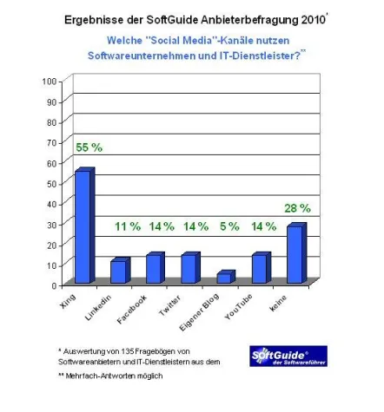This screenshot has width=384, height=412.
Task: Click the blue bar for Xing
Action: [x=83, y=226]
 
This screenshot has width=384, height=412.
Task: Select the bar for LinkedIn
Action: [x=118, y=271]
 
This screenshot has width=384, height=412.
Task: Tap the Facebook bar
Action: [x=153, y=269]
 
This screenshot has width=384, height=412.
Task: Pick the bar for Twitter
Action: [x=189, y=269]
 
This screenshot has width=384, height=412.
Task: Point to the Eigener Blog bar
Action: [x=224, y=278]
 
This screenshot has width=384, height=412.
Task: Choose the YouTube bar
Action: [x=259, y=269]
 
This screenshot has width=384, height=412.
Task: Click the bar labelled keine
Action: [x=295, y=254]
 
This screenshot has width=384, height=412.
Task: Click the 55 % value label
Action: [x=88, y=147]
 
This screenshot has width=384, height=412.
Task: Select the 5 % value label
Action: [x=230, y=226]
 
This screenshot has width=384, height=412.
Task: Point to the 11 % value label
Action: [x=128, y=226]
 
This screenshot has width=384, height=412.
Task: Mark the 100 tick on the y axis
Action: [x=49, y=81]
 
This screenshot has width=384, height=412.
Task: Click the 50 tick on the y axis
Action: [x=51, y=182]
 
